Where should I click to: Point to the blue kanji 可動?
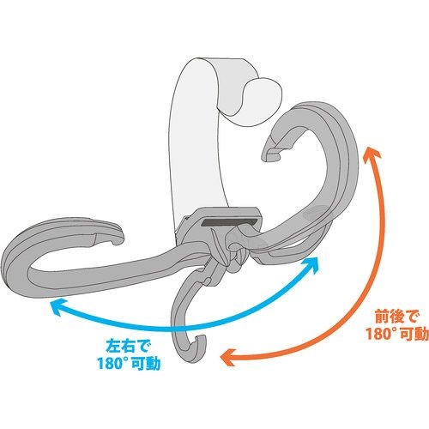(146, 364)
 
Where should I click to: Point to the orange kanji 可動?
(414, 334)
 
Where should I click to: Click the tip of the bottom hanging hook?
(200, 340)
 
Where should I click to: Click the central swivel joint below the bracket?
(233, 251)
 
